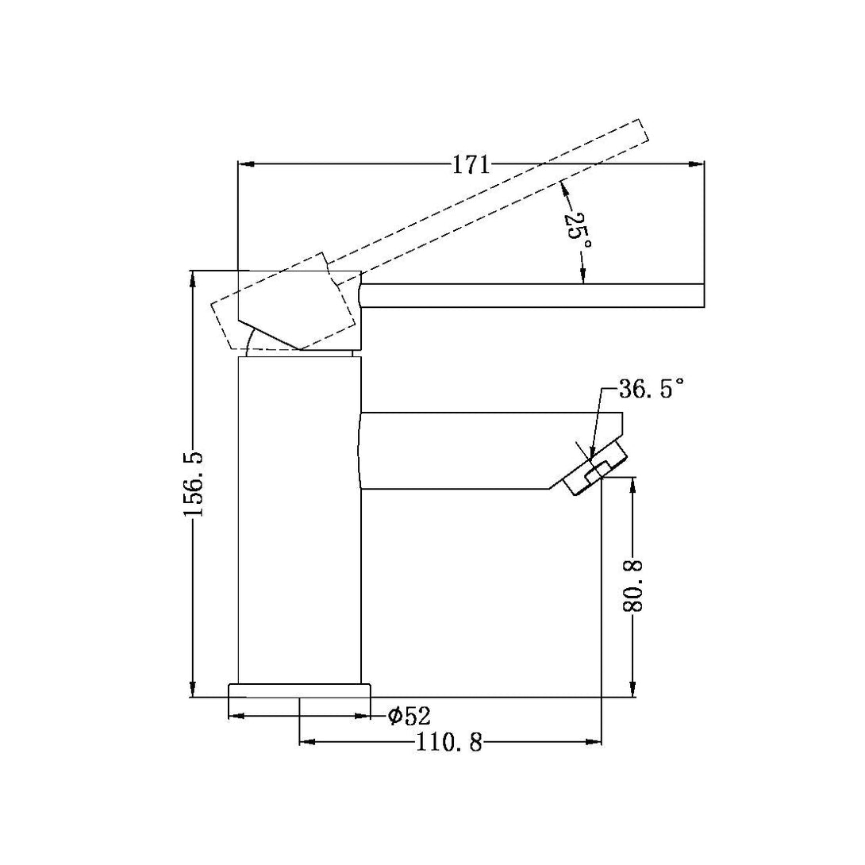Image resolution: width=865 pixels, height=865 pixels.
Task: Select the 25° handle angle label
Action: point(577,232)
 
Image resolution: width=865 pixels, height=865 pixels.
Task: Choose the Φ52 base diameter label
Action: point(409,717)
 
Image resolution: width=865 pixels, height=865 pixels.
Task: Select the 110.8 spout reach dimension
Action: point(449,744)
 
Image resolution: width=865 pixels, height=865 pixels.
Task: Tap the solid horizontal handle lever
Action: point(532,295)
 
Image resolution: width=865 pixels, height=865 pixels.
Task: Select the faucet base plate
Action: point(299,690)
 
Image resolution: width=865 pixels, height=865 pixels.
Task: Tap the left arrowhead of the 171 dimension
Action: point(245,165)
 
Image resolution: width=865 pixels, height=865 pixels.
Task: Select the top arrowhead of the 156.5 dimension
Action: point(192,279)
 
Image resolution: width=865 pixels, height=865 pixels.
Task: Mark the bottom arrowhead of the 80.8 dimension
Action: point(633,690)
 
